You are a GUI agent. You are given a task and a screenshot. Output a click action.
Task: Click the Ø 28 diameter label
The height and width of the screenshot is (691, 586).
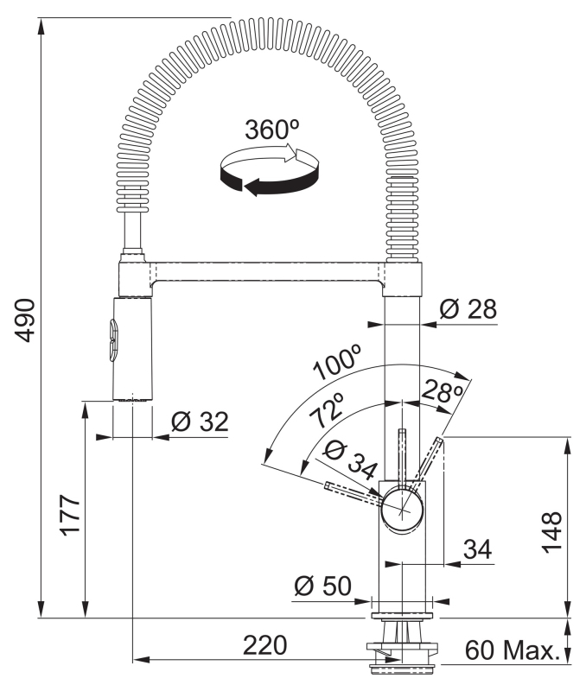468,308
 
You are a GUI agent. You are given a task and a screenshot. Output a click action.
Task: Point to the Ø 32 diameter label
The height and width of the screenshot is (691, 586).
199,422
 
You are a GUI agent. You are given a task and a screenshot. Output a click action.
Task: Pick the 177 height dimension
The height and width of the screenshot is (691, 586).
70,515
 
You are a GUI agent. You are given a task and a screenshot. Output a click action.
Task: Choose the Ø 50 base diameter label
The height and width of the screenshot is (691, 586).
322,586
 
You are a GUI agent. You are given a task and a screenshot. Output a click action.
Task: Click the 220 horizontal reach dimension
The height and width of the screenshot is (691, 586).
264,645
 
